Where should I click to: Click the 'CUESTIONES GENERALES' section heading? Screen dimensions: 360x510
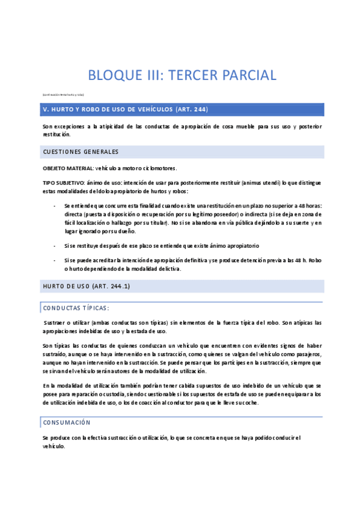[81, 152]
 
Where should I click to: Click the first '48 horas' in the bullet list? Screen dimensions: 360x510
[309, 206]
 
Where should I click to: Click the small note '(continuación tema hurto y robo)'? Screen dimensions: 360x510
[63, 95]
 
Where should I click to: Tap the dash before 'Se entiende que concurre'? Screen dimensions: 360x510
[55, 206]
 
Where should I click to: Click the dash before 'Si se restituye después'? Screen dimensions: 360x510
[55, 246]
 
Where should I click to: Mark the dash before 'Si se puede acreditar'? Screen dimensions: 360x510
[55, 260]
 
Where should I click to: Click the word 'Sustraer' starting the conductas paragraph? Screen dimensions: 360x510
[57, 323]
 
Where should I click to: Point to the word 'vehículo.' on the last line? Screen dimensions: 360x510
[53, 447]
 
